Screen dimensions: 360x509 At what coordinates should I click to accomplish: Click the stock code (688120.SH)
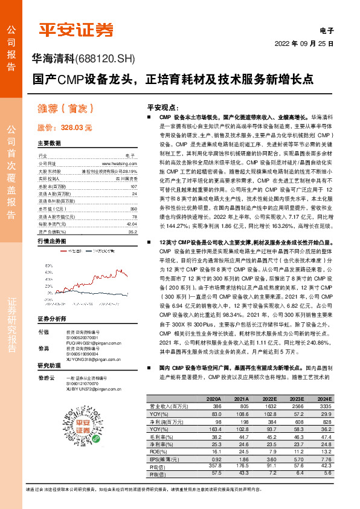pos(106,59)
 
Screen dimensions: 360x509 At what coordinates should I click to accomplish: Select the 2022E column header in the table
pos(270,400)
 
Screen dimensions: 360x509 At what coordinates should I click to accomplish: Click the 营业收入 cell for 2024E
pos(324,407)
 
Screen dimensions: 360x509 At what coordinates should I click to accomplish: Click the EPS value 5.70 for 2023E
pos(297,459)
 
